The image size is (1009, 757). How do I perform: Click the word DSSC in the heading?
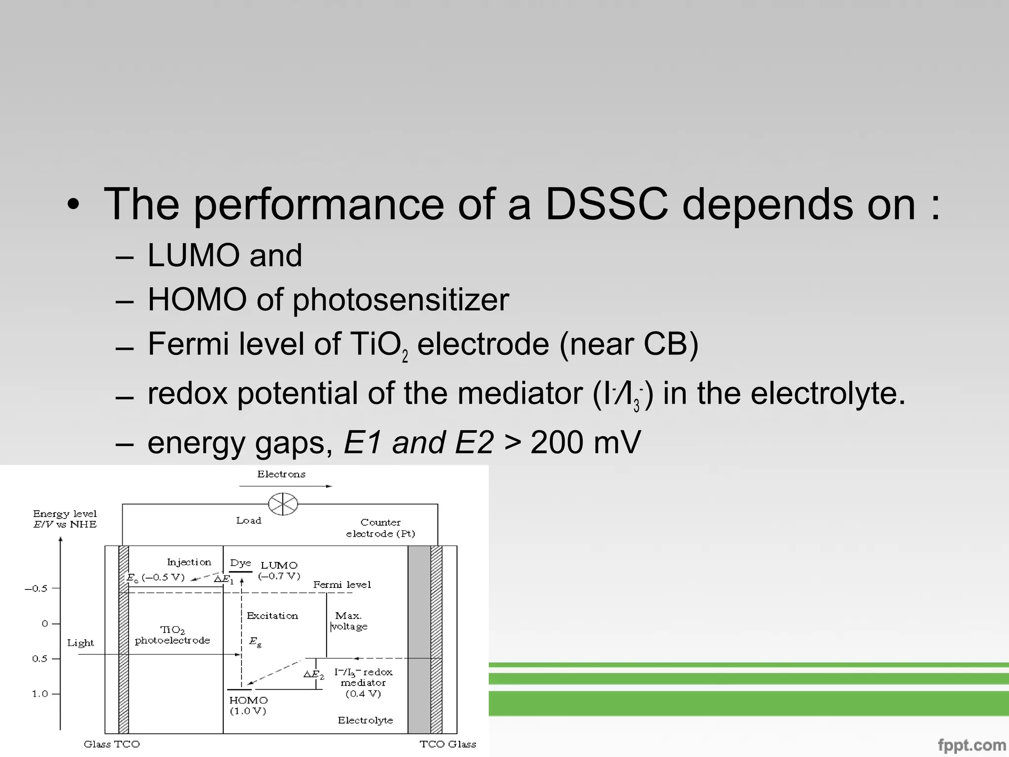pyautogui.click(x=607, y=204)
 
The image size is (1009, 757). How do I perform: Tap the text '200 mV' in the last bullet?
pyautogui.click(x=586, y=442)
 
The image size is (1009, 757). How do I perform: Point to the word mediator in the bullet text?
pyautogui.click(x=520, y=393)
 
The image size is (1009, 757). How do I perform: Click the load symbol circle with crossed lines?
pyautogui.click(x=283, y=504)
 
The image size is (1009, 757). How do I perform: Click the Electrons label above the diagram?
pyautogui.click(x=281, y=474)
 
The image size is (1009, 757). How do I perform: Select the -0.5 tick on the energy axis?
pyautogui.click(x=36, y=588)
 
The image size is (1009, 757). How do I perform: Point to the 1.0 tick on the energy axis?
pyautogui.click(x=40, y=694)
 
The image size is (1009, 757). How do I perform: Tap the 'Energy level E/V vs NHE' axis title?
pyautogui.click(x=65, y=519)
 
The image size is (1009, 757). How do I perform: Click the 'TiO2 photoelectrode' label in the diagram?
pyautogui.click(x=172, y=635)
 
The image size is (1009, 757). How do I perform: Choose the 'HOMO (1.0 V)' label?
pyautogui.click(x=248, y=705)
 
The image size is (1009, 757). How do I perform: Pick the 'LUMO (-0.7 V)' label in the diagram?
pyautogui.click(x=279, y=570)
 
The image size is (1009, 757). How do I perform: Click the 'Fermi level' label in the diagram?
pyautogui.click(x=342, y=585)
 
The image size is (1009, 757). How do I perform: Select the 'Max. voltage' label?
pyautogui.click(x=349, y=621)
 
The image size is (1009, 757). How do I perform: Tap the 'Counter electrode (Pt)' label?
pyautogui.click(x=380, y=528)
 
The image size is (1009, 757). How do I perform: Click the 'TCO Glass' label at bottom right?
pyautogui.click(x=447, y=744)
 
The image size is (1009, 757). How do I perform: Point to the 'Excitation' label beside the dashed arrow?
pyautogui.click(x=272, y=616)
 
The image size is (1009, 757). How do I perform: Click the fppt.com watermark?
pyautogui.click(x=972, y=745)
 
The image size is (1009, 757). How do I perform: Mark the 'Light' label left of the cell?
pyautogui.click(x=80, y=643)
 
